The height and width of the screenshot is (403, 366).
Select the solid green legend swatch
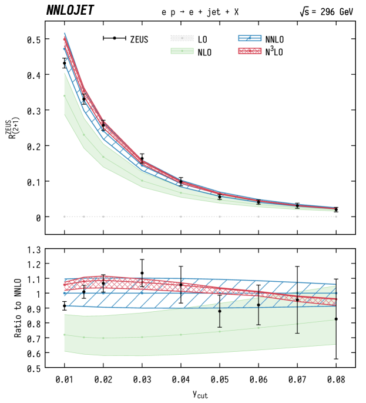(182, 51)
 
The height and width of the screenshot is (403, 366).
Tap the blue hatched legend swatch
(250, 38)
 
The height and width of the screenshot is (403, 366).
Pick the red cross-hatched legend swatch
(250, 51)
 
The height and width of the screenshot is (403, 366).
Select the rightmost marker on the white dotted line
(335, 217)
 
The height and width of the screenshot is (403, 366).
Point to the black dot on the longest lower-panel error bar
(297, 300)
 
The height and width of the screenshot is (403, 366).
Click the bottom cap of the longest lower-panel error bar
(297, 333)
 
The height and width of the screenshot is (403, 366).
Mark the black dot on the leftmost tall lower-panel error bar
(220, 311)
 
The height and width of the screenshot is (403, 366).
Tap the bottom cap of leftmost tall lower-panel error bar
(220, 327)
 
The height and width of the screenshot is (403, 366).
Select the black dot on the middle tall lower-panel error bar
(258, 305)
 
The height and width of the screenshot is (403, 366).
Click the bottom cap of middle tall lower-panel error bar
(258, 324)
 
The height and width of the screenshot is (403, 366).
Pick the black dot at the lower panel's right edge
(335, 319)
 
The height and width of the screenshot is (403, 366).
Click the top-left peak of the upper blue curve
(65, 34)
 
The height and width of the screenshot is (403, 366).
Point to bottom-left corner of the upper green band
(65, 115)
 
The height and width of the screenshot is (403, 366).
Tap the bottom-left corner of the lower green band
(65, 352)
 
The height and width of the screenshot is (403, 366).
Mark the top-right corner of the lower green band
(335, 286)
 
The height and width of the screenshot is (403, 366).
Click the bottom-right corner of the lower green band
(335, 345)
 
